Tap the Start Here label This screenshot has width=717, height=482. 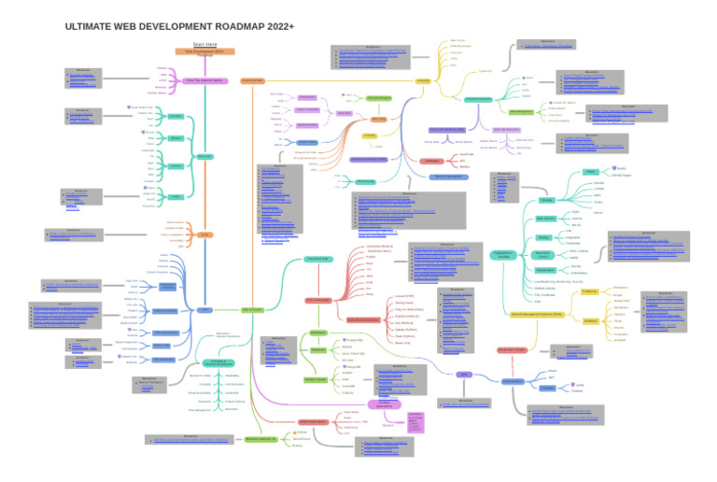coord(204,44)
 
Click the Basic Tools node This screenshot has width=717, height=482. coord(204,156)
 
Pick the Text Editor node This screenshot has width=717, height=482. coord(176,116)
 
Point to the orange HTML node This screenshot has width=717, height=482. coord(204,234)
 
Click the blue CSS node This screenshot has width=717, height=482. coord(204,309)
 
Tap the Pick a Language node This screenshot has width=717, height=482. coord(319,300)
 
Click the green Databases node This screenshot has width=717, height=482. coord(317,332)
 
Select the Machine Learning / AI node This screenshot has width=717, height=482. coord(262,438)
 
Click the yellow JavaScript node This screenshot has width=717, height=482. coord(423,80)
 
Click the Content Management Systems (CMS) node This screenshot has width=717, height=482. coord(536,315)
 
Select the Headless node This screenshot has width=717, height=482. coord(590,320)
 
